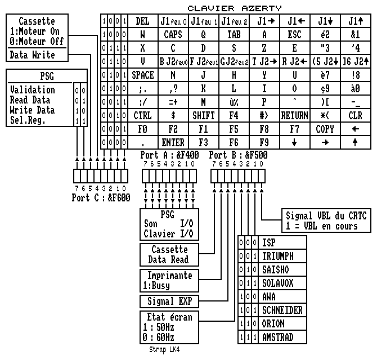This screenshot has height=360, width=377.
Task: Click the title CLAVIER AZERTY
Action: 234,7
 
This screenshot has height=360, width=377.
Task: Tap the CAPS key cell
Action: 173,35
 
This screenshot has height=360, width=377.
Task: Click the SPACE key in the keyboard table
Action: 142,75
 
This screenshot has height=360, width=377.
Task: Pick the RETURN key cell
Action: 294,116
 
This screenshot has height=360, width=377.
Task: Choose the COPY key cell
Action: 325,129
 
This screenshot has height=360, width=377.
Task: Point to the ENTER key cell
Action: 173,143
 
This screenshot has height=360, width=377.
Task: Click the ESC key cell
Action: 294,35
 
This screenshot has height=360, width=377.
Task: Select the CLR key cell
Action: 355,116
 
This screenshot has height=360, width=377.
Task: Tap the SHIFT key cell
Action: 204,116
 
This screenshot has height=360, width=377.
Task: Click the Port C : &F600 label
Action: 101,198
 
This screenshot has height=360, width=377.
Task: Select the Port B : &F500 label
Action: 238,155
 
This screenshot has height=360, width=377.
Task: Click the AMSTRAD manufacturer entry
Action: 278,337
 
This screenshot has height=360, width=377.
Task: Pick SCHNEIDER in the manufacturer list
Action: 282,310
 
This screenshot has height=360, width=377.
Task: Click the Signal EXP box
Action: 169,301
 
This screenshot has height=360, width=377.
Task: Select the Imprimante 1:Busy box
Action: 169,280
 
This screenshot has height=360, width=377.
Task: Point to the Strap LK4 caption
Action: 165,350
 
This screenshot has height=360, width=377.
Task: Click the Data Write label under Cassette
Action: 33,55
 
